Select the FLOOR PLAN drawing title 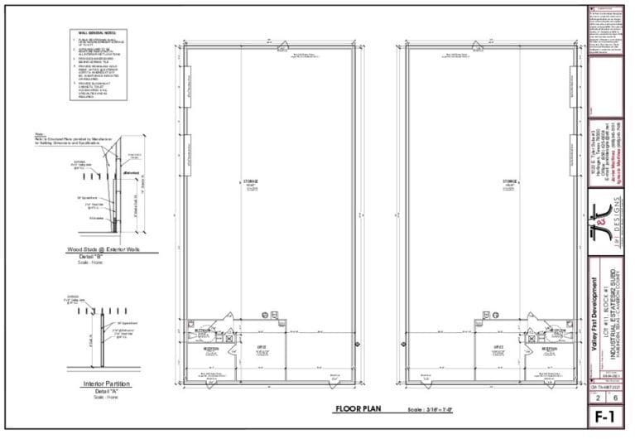[357, 409]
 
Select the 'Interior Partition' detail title [103, 384]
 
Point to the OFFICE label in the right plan [499, 347]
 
